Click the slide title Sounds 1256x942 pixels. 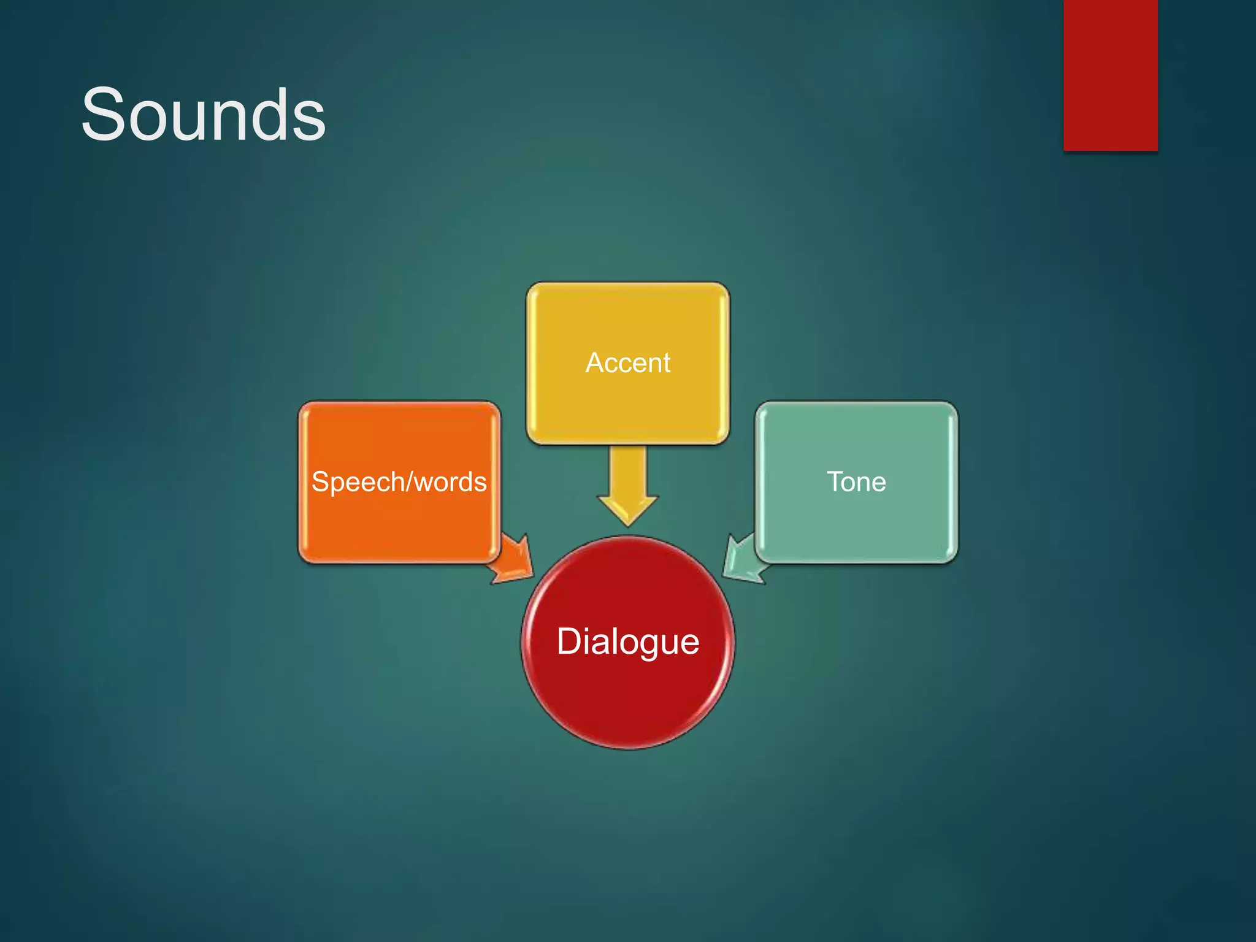pos(203,115)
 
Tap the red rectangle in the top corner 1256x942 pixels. pos(1110,75)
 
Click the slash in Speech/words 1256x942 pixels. pos(408,481)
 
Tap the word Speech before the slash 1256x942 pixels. pos(358,483)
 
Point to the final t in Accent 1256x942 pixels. pos(666,363)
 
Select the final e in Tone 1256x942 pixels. pos(878,483)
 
